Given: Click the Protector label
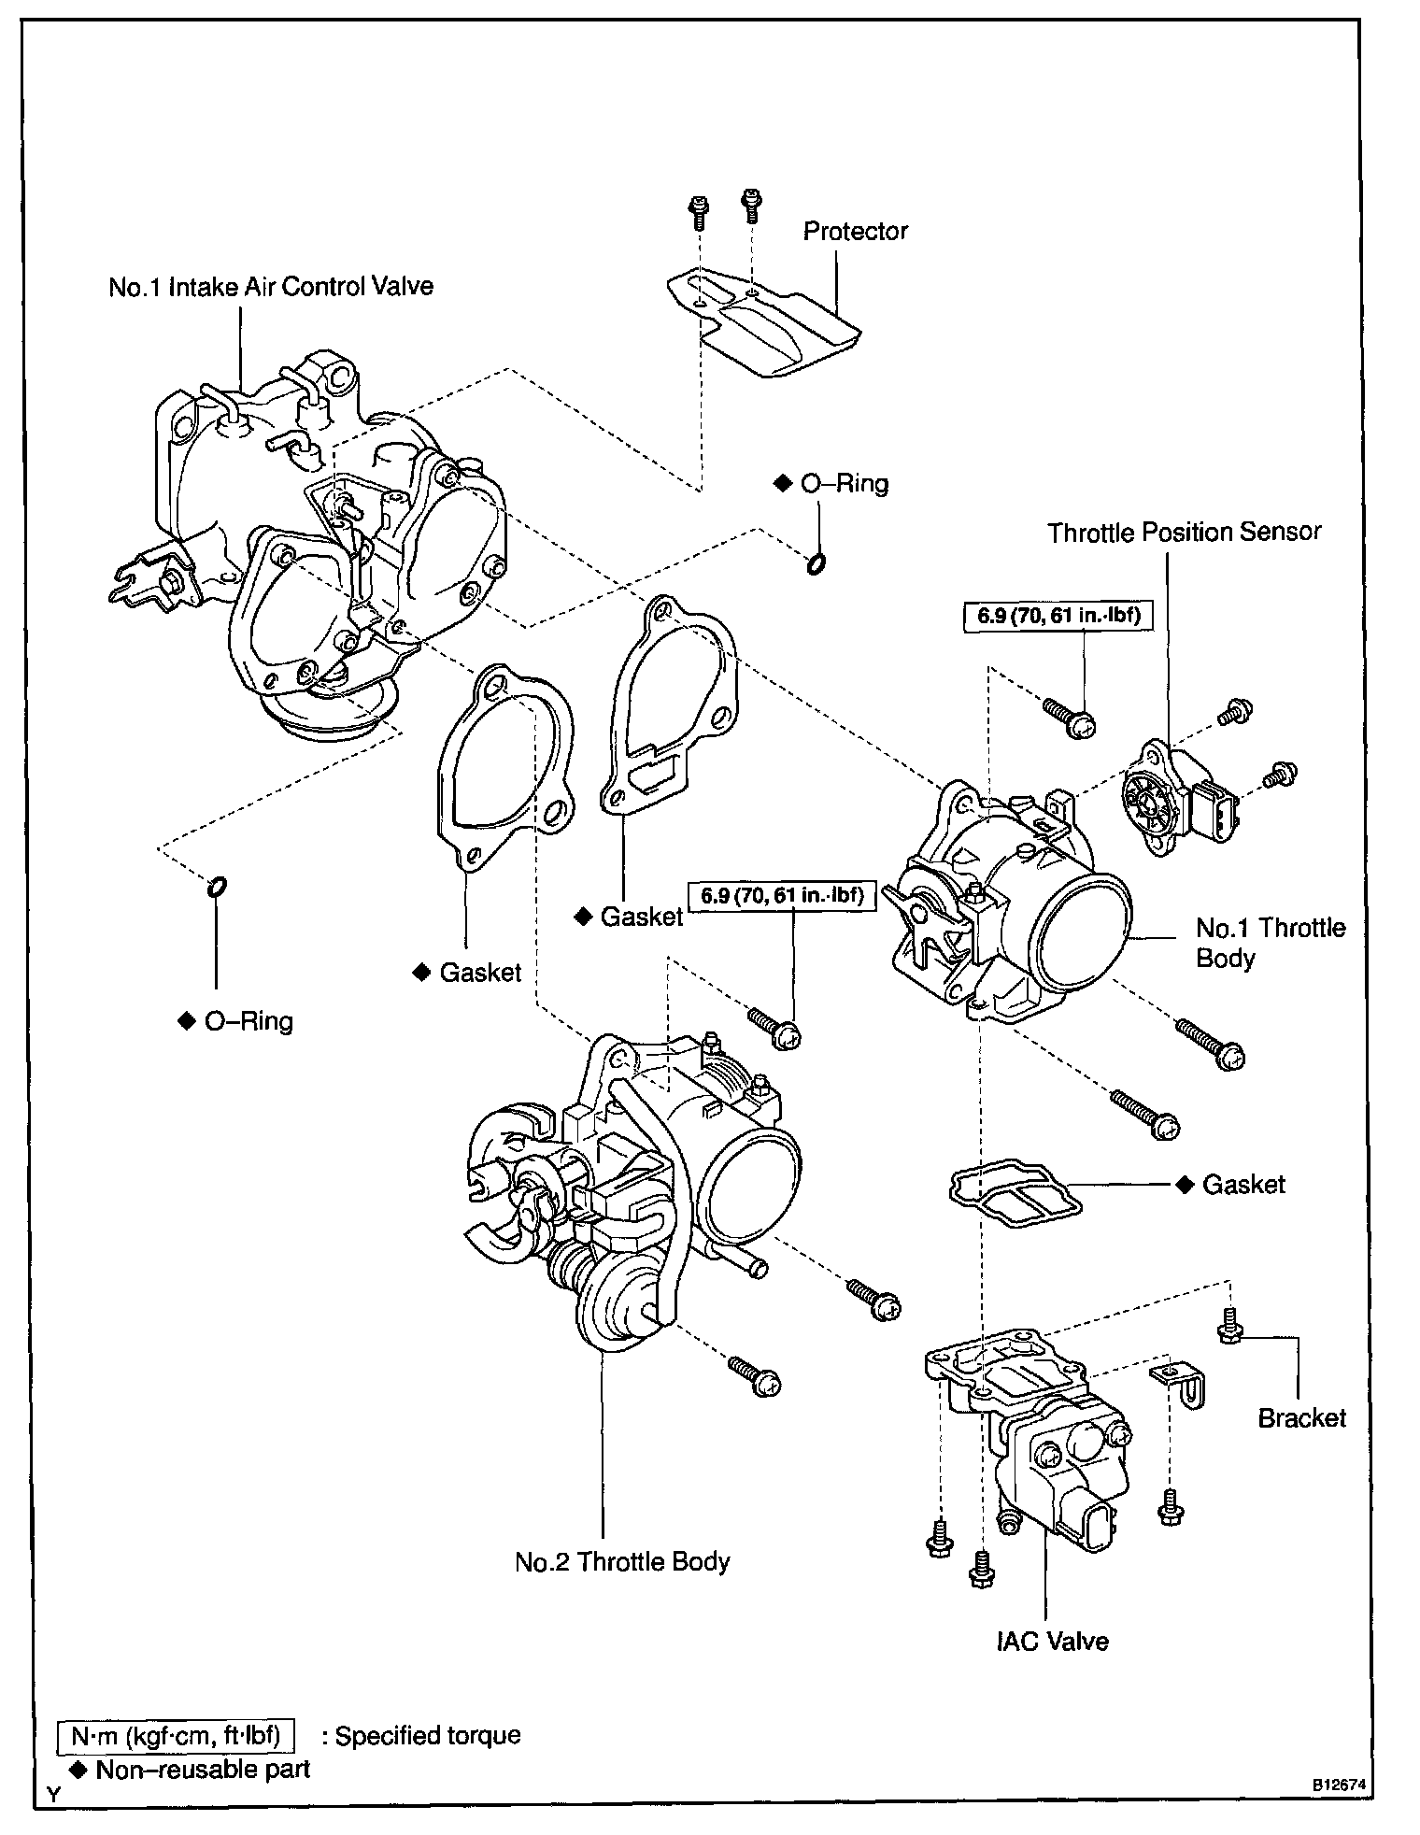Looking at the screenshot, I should [855, 232].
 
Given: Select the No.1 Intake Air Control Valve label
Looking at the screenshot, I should [271, 286].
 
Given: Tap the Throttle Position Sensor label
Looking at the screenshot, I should [1184, 533].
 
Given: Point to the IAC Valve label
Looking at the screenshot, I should [1052, 1641].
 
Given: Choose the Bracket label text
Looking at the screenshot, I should [1301, 1418].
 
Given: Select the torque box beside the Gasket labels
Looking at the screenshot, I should [781, 896].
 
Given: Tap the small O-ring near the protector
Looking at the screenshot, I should [815, 563].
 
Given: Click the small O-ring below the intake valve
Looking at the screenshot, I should [216, 886].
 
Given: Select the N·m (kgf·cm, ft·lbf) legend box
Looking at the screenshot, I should [176, 1736].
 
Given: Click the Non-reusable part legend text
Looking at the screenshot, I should [203, 1769].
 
